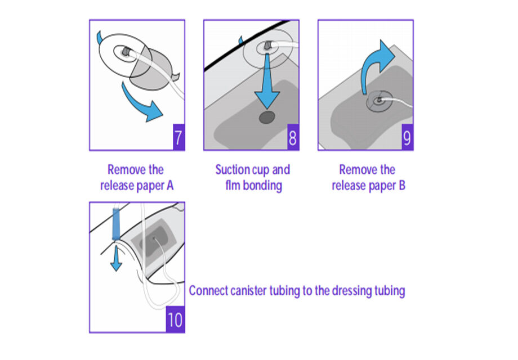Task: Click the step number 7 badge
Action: pos(178,137)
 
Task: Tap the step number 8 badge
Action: pos(293,137)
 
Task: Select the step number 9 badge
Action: pos(407,137)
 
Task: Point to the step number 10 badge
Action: pos(175,319)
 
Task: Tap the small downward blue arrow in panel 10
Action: pos(116,259)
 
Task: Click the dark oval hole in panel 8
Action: pos(267,118)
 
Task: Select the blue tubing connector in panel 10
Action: pos(116,224)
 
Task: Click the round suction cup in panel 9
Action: pos(378,101)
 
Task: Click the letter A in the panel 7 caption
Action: pos(170,186)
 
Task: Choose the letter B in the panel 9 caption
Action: pos(401,186)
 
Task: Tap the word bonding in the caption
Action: pos(262,186)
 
